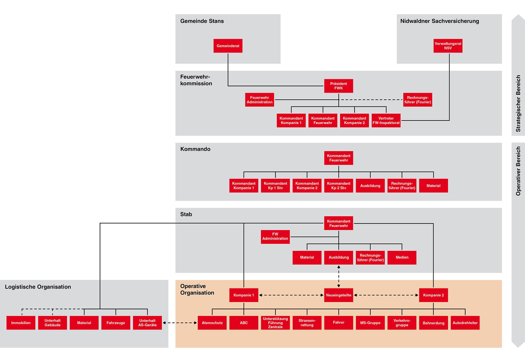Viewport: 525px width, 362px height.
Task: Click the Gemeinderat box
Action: tap(228, 46)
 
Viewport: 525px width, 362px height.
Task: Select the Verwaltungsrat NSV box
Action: tap(448, 46)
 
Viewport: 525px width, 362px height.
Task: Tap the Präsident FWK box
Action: tap(338, 86)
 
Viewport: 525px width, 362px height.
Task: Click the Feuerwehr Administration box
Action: tap(259, 100)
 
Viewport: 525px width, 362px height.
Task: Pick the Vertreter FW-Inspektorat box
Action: tap(386, 120)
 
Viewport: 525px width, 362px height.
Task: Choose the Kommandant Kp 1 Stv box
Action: tap(275, 185)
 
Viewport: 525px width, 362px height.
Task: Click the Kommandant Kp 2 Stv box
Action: tap(338, 185)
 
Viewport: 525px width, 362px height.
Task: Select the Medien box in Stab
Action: tap(402, 257)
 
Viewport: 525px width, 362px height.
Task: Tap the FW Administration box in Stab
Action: tap(275, 237)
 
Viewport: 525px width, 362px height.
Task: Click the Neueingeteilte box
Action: tap(338, 295)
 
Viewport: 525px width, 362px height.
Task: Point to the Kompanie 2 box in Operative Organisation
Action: tap(433, 295)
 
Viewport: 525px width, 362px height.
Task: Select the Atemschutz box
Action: tap(212, 323)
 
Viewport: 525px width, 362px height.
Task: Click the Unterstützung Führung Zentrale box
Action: tap(275, 323)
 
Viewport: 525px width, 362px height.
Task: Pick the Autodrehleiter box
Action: tap(465, 323)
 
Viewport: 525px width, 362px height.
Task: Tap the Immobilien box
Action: tap(21, 323)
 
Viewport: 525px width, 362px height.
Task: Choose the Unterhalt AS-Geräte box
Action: tap(147, 323)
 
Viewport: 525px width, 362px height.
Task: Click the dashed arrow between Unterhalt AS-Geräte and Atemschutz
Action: tap(180, 323)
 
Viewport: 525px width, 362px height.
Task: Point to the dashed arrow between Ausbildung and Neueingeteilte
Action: tap(339, 276)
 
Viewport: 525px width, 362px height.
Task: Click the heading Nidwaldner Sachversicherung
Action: tap(439, 21)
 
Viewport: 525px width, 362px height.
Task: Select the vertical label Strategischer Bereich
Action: tap(518, 103)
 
